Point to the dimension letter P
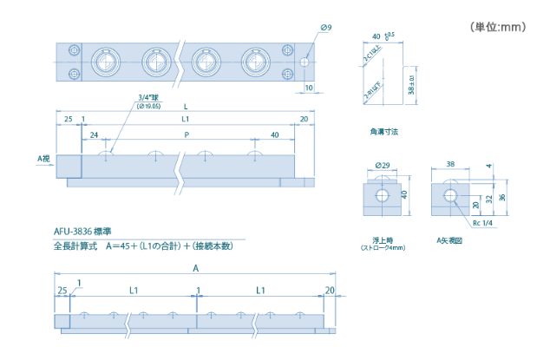[x=187, y=135]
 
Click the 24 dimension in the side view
[x=93, y=135]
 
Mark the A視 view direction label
[x=43, y=160]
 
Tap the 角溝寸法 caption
[x=383, y=133]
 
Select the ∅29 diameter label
[x=381, y=165]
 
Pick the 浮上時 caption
[x=382, y=240]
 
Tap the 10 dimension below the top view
[x=310, y=88]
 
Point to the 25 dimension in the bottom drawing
[x=62, y=290]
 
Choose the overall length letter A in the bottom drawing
[x=196, y=269]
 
